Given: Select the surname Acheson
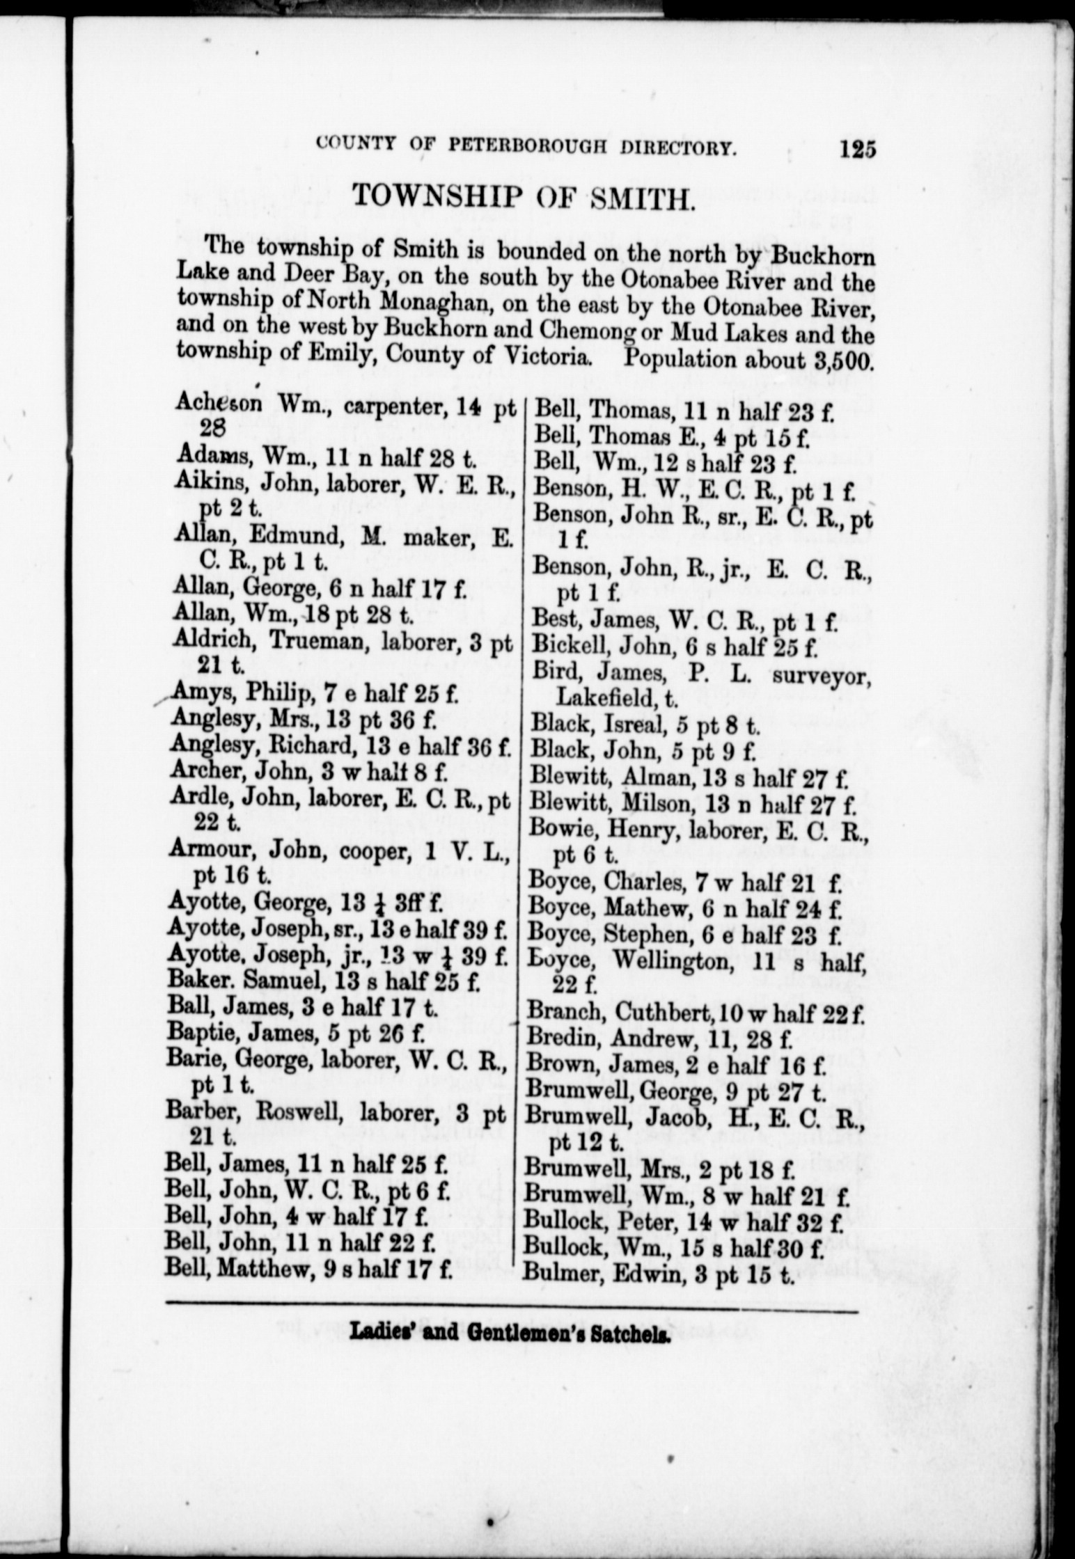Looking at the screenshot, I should click(218, 402).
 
